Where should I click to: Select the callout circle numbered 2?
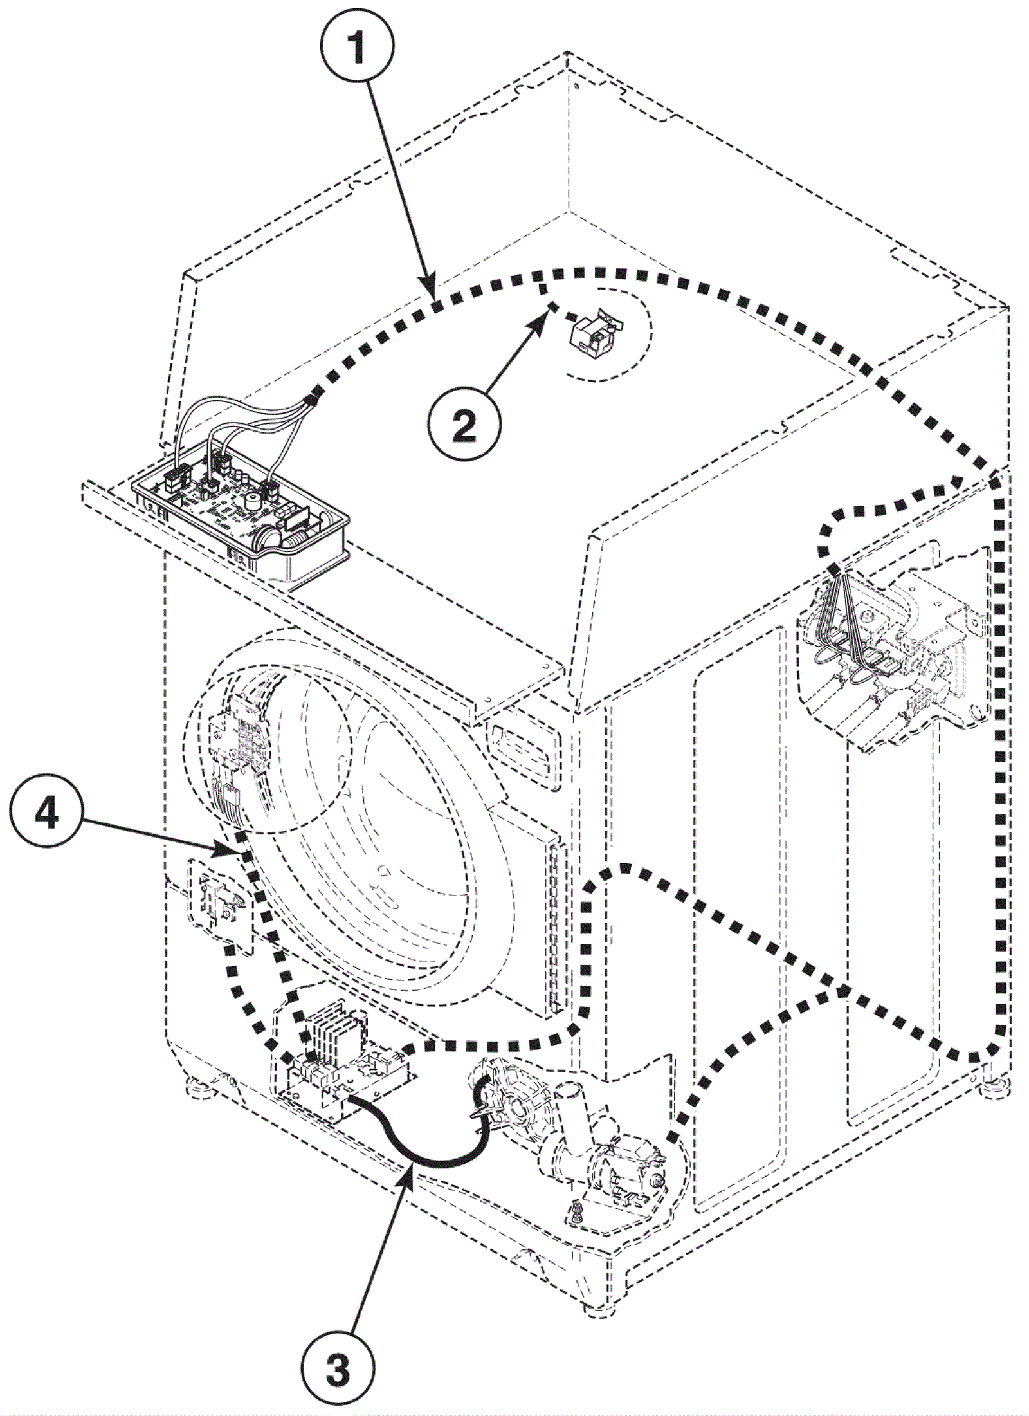[464, 426]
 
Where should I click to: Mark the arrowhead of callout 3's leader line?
[410, 1170]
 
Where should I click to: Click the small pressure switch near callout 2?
[595, 335]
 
